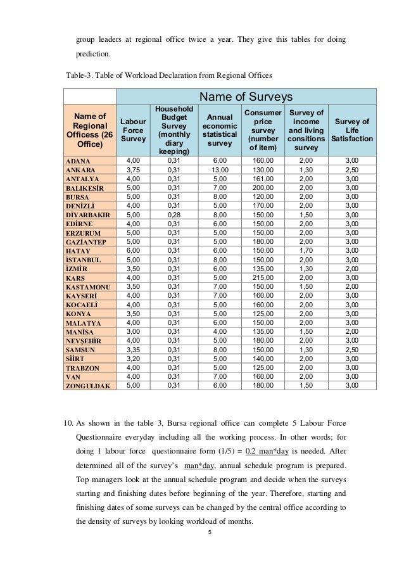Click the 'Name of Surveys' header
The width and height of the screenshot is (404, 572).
(x=246, y=97)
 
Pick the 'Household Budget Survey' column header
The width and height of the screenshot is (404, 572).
(x=170, y=130)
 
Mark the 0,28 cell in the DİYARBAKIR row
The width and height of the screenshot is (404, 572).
(x=170, y=215)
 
